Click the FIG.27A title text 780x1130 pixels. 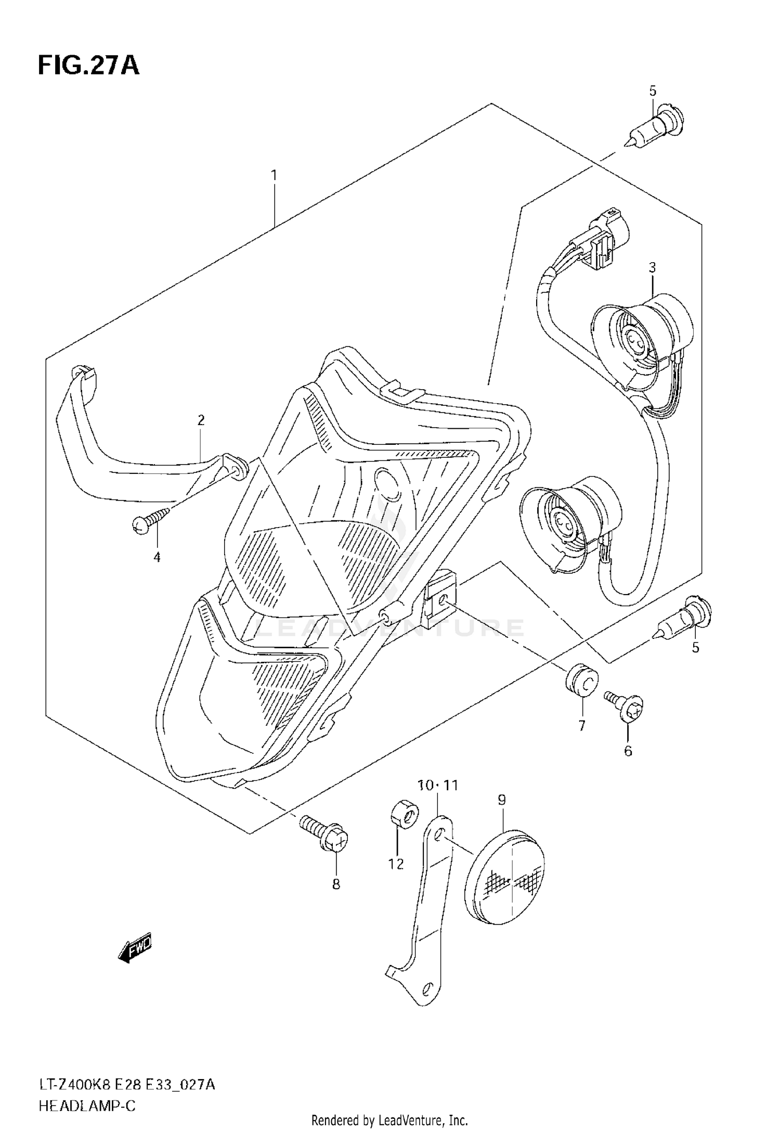pos(88,66)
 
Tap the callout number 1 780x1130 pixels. pos(274,175)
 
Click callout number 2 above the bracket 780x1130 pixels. pos(201,420)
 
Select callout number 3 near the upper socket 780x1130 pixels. pos(652,268)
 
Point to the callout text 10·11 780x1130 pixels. pos(438,785)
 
